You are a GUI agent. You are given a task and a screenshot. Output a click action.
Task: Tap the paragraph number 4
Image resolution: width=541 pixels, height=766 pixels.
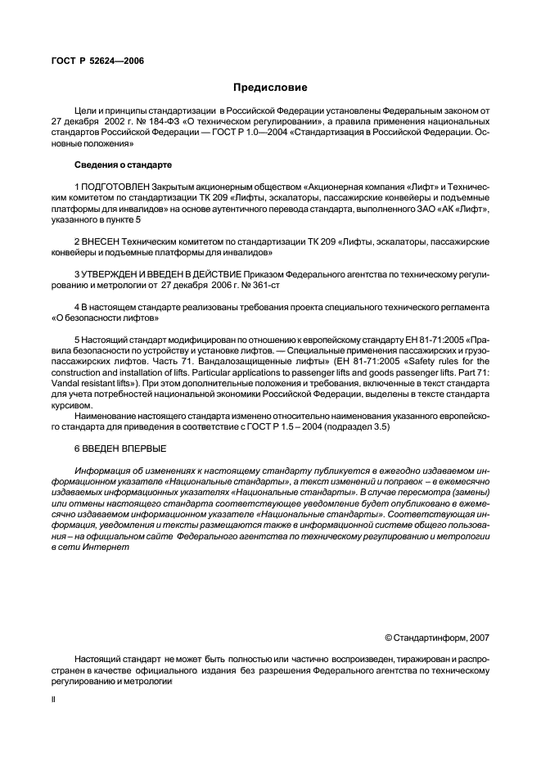(76, 305)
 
